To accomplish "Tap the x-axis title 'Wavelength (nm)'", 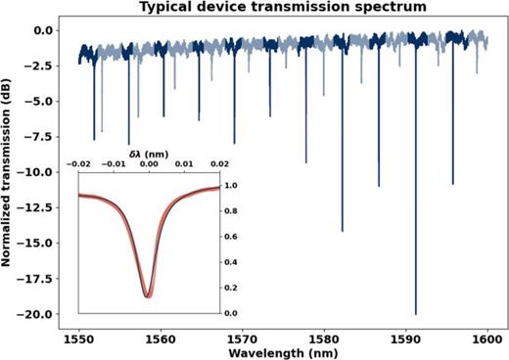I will coord(284,351).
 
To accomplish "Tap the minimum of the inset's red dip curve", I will coord(147,294).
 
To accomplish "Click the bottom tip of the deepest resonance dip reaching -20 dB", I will coord(416,314).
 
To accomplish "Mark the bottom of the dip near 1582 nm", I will coord(343,231).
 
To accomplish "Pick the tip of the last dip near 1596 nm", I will coord(452,184).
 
